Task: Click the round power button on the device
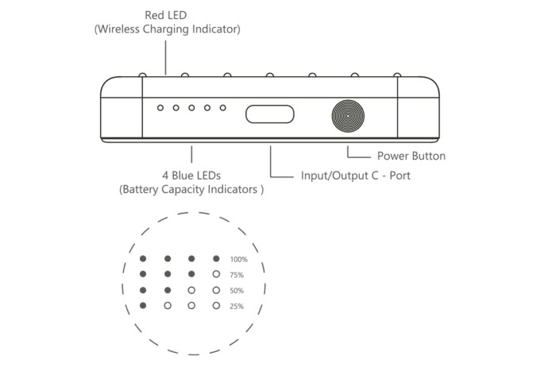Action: tap(348, 116)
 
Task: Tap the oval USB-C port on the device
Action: tap(270, 114)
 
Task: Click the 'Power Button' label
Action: tap(411, 157)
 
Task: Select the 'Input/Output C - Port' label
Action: tap(356, 176)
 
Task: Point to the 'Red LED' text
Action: tap(166, 15)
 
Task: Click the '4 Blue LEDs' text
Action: tap(191, 176)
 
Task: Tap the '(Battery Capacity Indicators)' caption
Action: tap(191, 190)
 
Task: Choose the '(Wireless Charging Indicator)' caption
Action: tap(168, 29)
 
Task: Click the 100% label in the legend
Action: tap(239, 260)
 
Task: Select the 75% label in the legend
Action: tap(237, 275)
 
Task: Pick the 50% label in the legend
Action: tap(237, 291)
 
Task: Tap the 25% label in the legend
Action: tap(237, 307)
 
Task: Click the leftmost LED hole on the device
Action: tap(160, 108)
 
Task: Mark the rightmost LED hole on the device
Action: tap(223, 108)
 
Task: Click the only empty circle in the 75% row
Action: tap(216, 274)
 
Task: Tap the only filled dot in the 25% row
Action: tap(143, 305)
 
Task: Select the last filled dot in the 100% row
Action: tap(216, 258)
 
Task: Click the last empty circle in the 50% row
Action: tap(216, 290)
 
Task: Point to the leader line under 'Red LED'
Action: tap(166, 57)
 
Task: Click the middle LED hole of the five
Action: tap(191, 108)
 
